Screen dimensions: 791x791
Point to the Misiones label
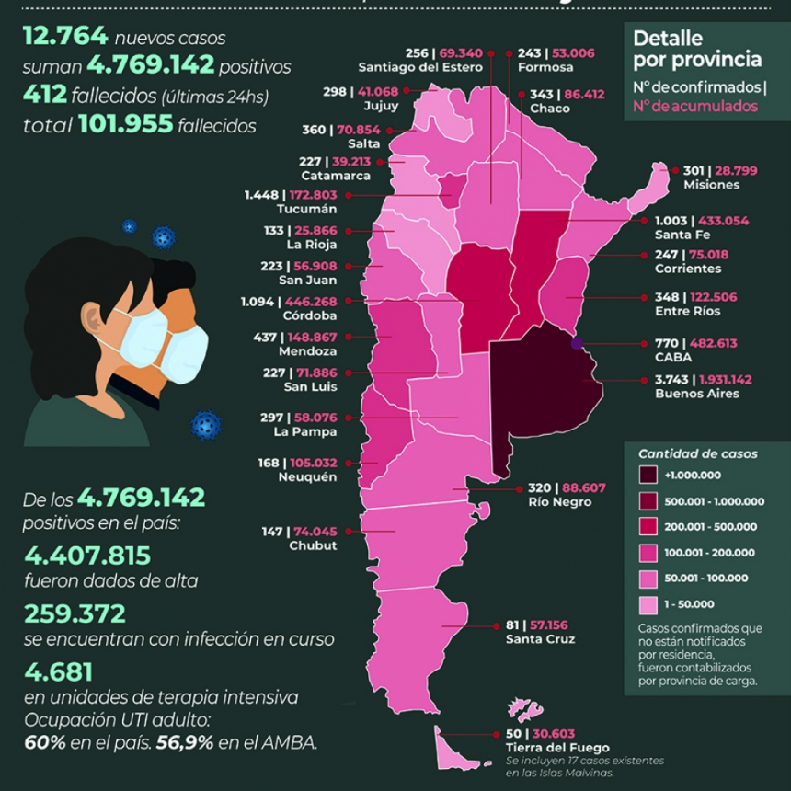pyautogui.click(x=711, y=185)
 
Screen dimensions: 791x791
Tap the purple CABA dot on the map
pyautogui.click(x=577, y=344)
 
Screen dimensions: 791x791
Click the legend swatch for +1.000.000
pyautogui.click(x=649, y=476)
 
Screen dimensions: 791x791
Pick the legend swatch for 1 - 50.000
pyautogui.click(x=649, y=604)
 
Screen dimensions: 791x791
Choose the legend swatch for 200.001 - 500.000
pyautogui.click(x=649, y=527)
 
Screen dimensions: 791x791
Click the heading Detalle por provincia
pyautogui.click(x=697, y=50)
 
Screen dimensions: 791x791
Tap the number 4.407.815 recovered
pyautogui.click(x=86, y=556)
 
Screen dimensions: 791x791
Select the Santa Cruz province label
pyautogui.click(x=540, y=639)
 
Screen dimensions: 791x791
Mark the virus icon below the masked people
pyautogui.click(x=206, y=425)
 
